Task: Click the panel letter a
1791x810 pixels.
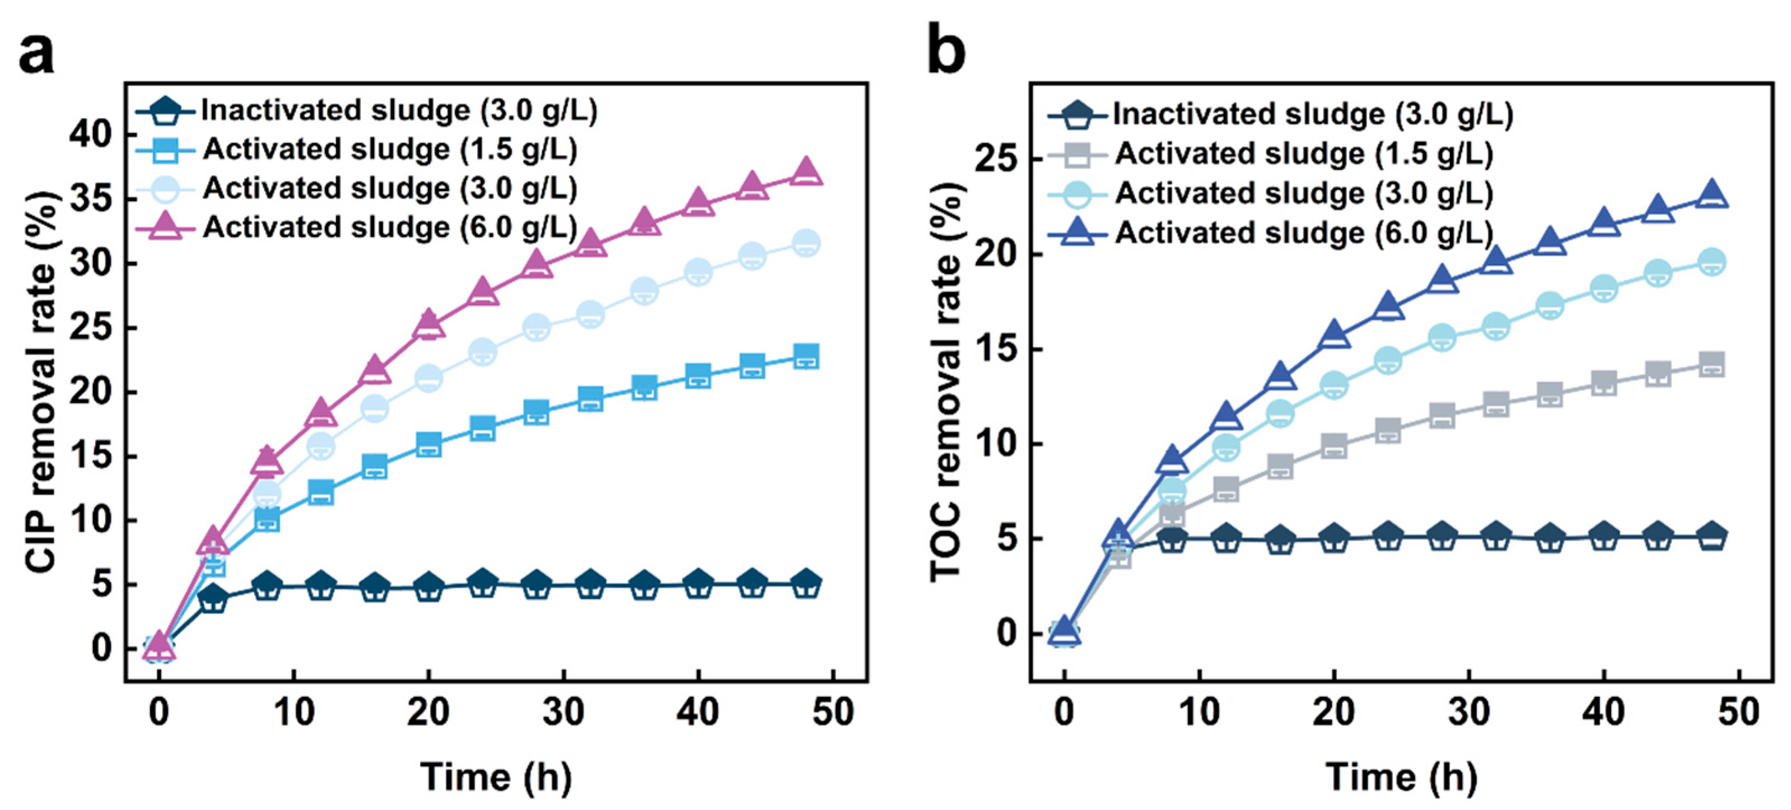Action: pos(36,54)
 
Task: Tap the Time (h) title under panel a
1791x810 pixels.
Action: pos(496,776)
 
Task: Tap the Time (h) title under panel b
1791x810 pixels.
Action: pos(1401,776)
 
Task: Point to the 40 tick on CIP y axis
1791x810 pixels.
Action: pos(90,134)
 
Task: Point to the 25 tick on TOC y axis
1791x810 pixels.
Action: pos(996,160)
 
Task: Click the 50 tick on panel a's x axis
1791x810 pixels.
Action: pos(832,712)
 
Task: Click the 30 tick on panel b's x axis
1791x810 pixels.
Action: pos(1468,712)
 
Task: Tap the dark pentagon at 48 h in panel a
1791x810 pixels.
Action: pos(806,583)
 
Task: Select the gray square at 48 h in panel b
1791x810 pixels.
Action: pos(1711,364)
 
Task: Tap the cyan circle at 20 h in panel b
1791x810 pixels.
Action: pos(1333,384)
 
